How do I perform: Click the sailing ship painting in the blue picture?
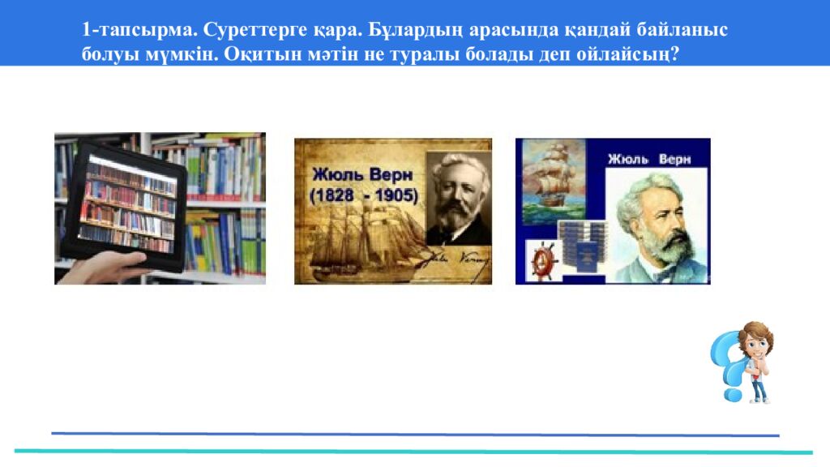553,182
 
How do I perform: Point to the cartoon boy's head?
755,339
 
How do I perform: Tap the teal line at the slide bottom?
413,452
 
